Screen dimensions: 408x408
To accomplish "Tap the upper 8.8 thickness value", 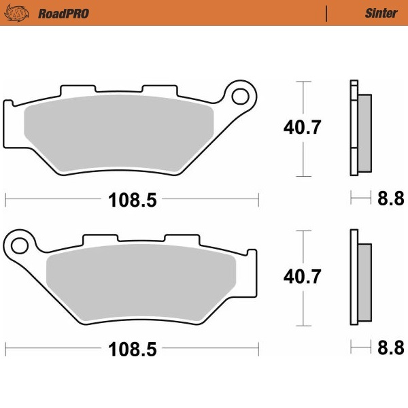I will pos(390,199).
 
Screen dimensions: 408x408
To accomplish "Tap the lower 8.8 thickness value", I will pos(390,349).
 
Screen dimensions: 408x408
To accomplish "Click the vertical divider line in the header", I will pos(327,13).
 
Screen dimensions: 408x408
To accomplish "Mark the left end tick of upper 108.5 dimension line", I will pos(5,200).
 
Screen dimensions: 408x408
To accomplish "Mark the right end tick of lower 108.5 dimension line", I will pos(259,350).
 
